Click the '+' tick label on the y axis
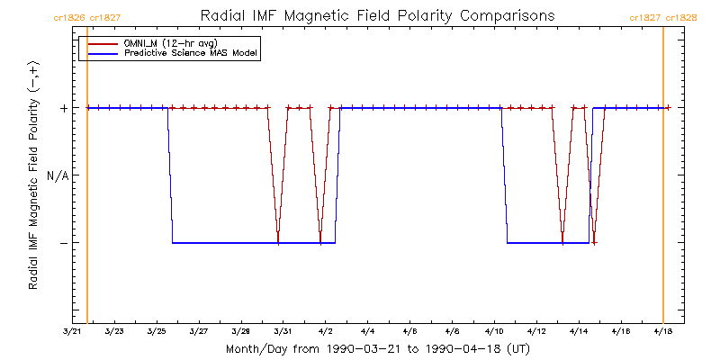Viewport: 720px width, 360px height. tap(63, 108)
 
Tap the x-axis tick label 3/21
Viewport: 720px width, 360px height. tap(72, 331)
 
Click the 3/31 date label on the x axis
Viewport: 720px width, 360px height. tap(283, 331)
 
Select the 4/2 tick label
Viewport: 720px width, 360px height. tap(325, 331)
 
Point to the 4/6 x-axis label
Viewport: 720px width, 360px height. tap(409, 331)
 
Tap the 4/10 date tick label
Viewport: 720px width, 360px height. tap(494, 331)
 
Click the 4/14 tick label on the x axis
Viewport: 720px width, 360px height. tap(579, 331)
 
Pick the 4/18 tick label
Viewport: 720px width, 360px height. tap(662, 331)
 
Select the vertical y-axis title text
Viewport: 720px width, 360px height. tap(33, 176)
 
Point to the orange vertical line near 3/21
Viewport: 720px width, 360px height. tap(87, 180)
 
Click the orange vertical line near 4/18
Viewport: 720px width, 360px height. tap(663, 180)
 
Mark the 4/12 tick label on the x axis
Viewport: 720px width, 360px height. tap(536, 331)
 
